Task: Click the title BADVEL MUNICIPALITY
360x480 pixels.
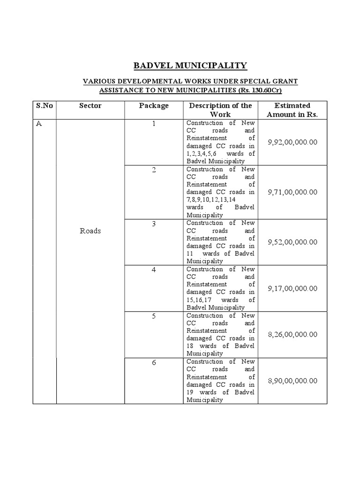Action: [190, 65]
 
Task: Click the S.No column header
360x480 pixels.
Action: [45, 105]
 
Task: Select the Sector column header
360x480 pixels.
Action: [90, 105]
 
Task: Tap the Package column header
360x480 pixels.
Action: [154, 105]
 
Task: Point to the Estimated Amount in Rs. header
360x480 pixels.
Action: [292, 110]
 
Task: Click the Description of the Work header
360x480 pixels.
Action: [220, 110]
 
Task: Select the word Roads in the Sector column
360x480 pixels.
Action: [90, 231]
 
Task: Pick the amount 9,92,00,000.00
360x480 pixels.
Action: [292, 142]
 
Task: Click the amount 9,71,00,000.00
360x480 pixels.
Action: [292, 192]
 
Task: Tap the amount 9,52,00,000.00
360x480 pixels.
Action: [292, 242]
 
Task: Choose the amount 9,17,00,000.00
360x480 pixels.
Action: [292, 288]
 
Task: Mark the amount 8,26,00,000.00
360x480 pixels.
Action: [292, 334]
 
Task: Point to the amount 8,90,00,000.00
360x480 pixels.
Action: [292, 381]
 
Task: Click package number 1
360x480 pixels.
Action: [154, 124]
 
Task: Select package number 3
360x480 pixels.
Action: [154, 224]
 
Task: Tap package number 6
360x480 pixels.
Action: [154, 363]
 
